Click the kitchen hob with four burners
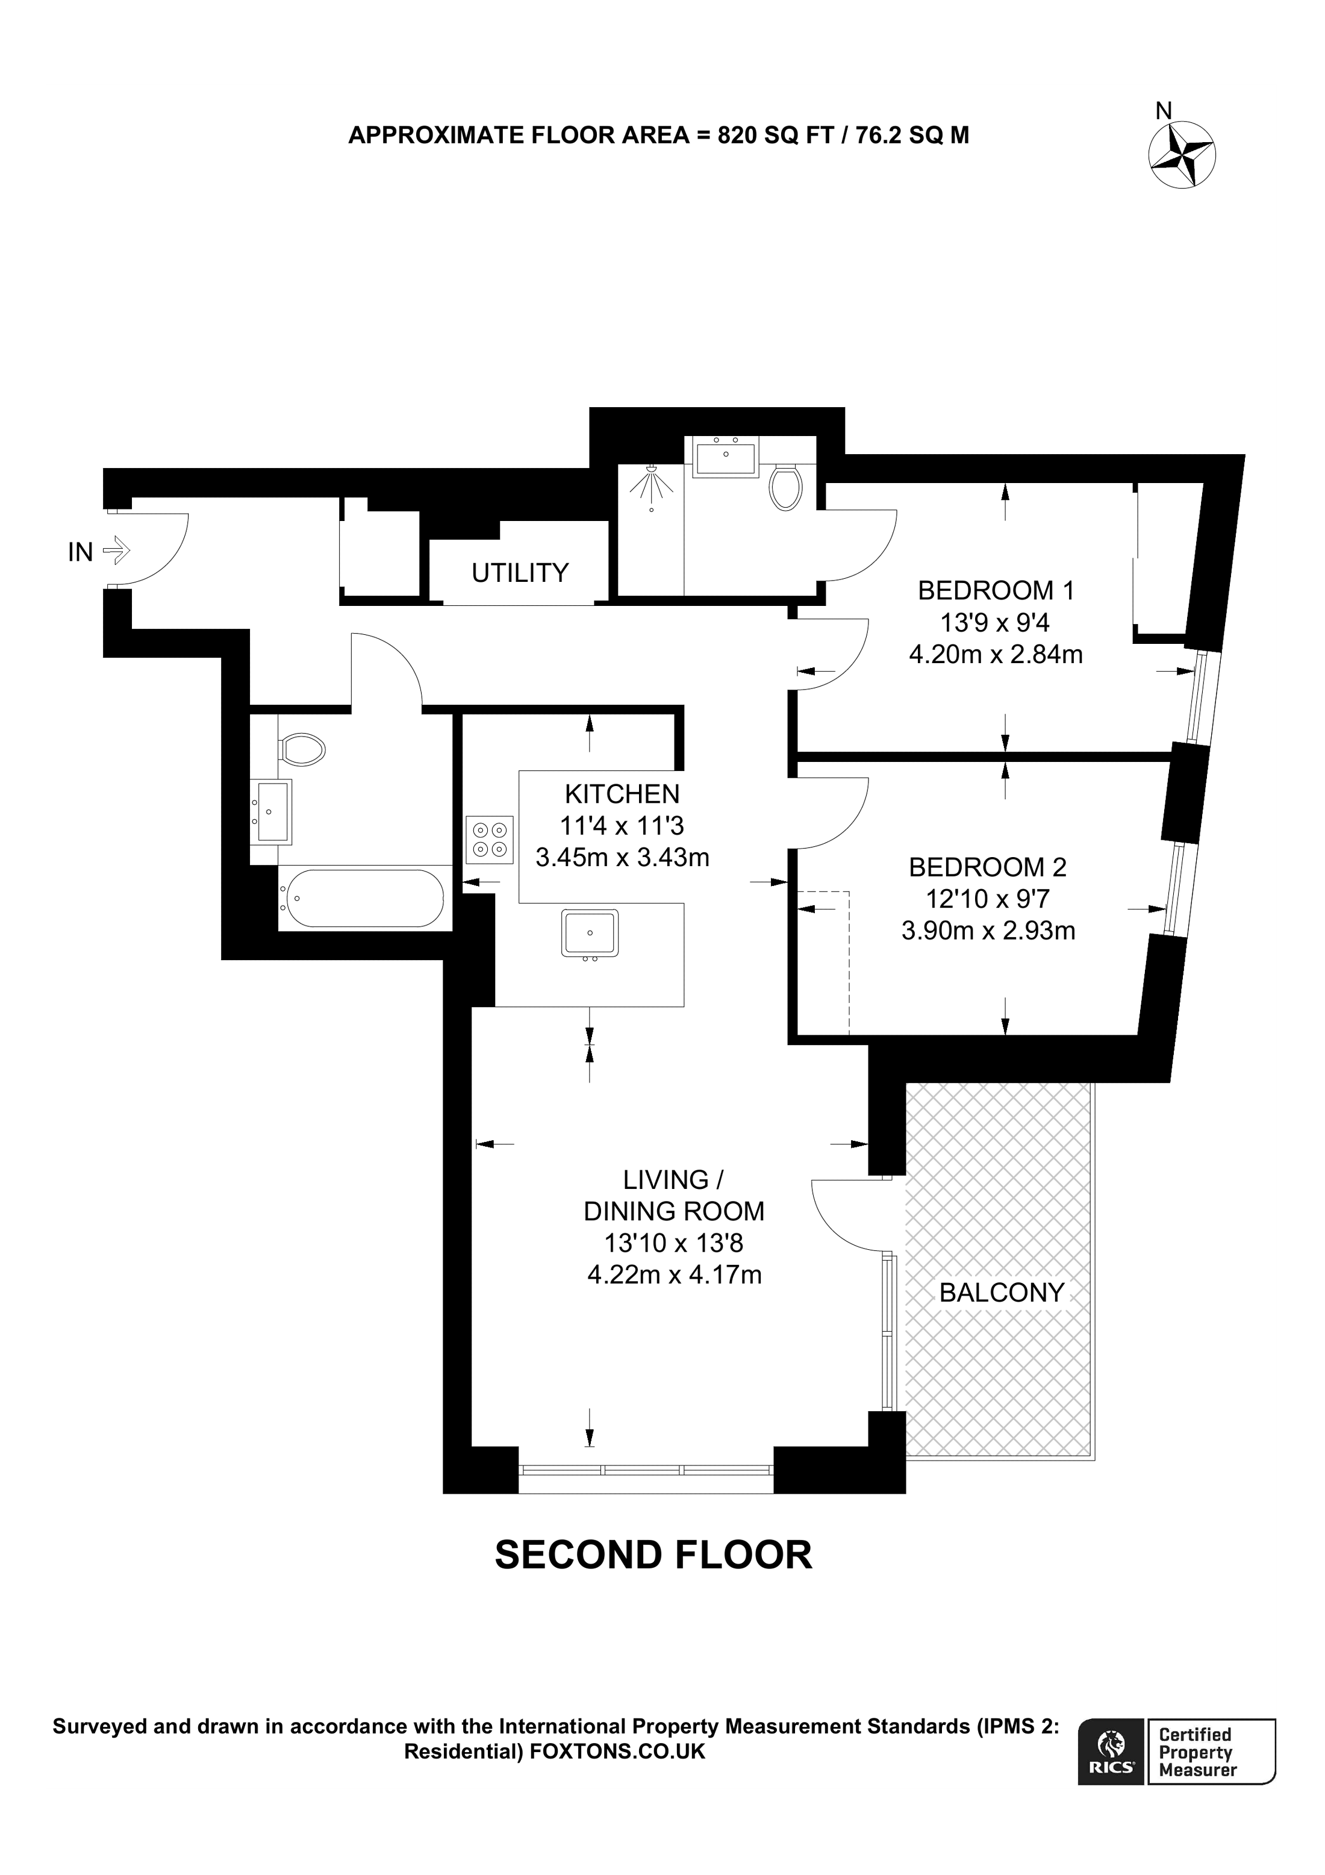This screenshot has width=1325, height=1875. pos(490,840)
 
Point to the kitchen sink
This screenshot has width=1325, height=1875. pos(590,932)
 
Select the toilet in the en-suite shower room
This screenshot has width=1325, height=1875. pos(785,487)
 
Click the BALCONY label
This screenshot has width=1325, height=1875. pos(1002,1293)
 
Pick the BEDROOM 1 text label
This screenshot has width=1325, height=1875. pos(996,590)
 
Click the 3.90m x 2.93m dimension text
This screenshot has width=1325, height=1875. pos(988,930)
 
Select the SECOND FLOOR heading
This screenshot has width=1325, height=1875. pos(653,1555)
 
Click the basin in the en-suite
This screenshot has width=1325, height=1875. pos(726,457)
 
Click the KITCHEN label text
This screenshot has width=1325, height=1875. pos(622,793)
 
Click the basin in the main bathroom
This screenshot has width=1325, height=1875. pos(272,811)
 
